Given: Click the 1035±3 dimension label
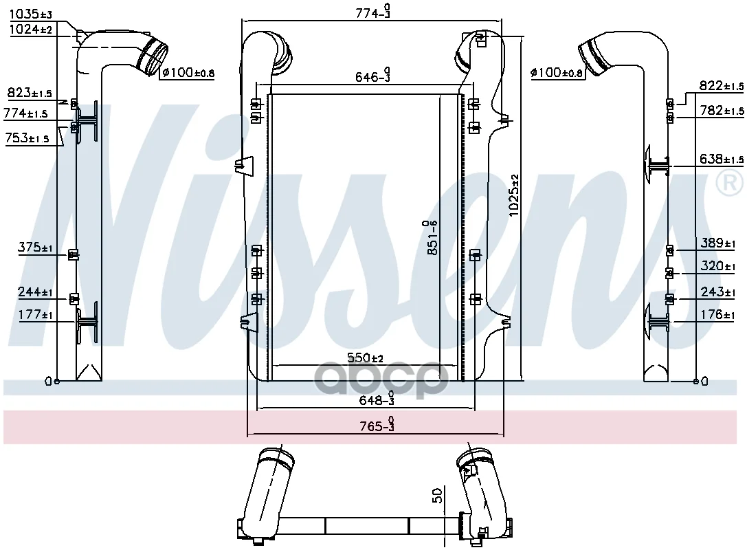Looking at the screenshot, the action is click(x=31, y=14).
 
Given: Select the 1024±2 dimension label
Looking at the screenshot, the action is click(x=31, y=30).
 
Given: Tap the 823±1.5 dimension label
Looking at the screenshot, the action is click(x=30, y=92).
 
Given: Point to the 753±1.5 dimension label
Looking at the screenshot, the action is click(x=27, y=138).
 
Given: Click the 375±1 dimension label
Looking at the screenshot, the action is click(x=35, y=247).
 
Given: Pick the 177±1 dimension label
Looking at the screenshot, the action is click(x=35, y=315).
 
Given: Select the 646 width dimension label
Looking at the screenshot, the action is click(x=373, y=76).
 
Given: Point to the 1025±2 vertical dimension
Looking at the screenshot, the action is click(x=513, y=195).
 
